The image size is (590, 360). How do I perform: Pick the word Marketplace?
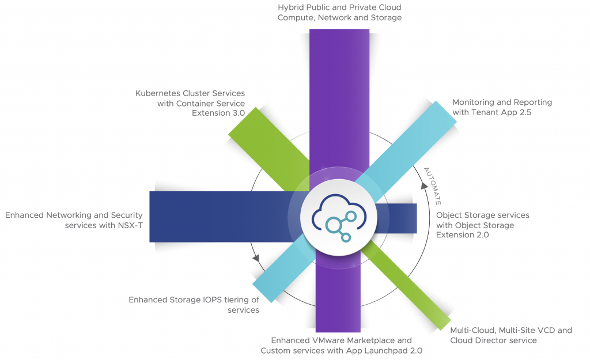pos(368,340)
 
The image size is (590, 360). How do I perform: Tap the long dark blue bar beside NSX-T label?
pos(219,216)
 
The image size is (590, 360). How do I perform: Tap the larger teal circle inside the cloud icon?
pos(333,225)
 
